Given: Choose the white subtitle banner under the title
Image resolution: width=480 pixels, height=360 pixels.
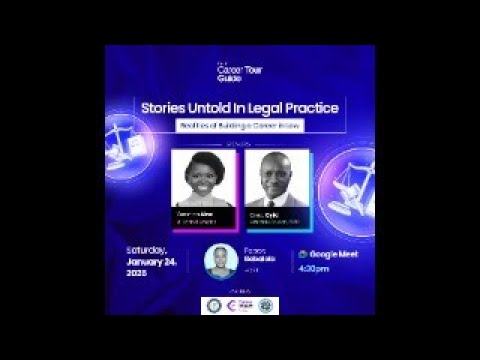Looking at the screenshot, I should [x=240, y=127].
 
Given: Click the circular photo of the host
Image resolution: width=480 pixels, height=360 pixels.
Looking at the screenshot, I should [x=221, y=261].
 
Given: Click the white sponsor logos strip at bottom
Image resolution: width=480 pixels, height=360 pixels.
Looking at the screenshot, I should [x=240, y=304].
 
